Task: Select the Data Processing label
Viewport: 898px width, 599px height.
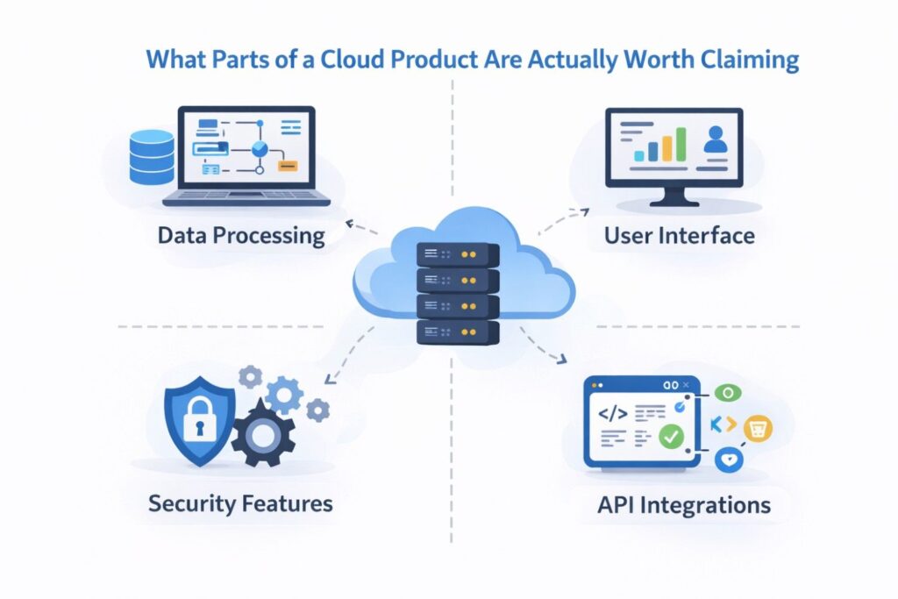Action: pyautogui.click(x=241, y=236)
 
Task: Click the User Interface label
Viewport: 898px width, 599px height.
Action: pyautogui.click(x=679, y=236)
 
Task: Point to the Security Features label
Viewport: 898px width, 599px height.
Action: pyautogui.click(x=240, y=503)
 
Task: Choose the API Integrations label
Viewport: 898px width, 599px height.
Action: pyautogui.click(x=684, y=505)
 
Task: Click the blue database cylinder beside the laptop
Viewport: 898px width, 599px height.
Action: pyautogui.click(x=152, y=157)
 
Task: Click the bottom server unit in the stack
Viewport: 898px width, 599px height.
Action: pyautogui.click(x=456, y=332)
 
